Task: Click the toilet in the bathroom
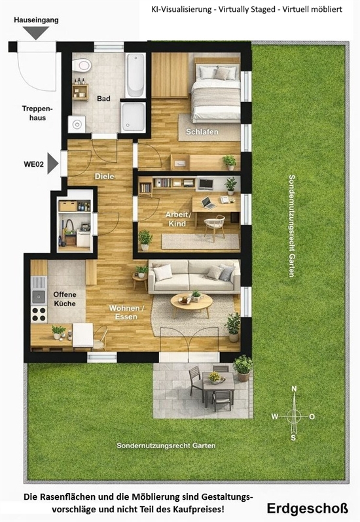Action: click(x=82, y=65)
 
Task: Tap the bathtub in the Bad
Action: click(x=135, y=75)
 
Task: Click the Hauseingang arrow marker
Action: click(x=36, y=33)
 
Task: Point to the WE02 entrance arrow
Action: click(x=52, y=164)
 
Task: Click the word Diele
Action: click(x=104, y=176)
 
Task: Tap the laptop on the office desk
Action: click(x=209, y=203)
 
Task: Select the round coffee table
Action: click(x=192, y=302)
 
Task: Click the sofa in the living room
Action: click(x=194, y=277)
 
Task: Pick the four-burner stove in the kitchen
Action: click(x=39, y=314)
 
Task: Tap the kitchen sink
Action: click(x=39, y=295)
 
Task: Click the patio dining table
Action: click(x=218, y=385)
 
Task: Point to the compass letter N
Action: click(x=294, y=389)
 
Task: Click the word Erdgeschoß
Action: click(x=308, y=509)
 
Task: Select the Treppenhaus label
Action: click(x=37, y=113)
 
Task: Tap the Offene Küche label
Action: click(x=65, y=299)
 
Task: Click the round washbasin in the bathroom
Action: click(x=77, y=124)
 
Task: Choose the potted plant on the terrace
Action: click(x=243, y=368)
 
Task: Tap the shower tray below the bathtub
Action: click(x=134, y=116)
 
